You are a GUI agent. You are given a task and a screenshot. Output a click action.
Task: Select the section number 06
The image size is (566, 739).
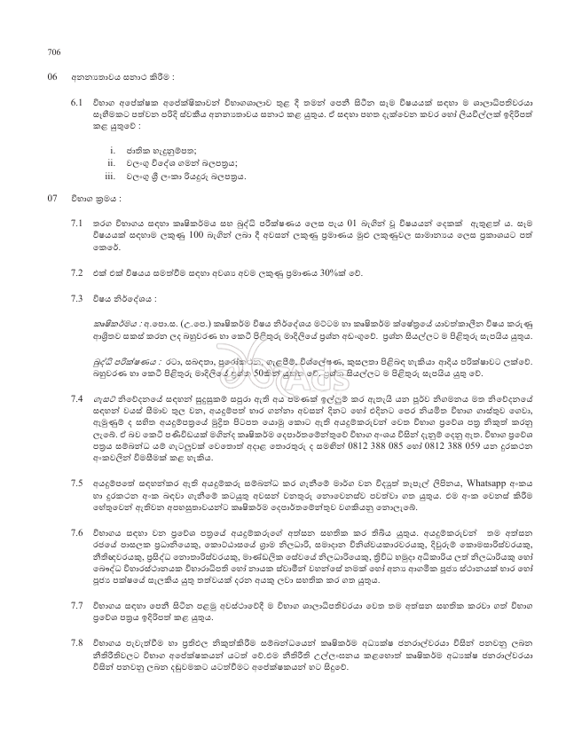pos(52,77)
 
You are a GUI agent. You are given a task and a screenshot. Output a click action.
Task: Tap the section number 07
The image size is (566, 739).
pos(52,196)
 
